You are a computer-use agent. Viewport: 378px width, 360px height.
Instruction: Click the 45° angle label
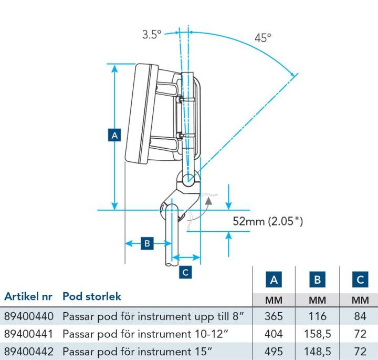263,38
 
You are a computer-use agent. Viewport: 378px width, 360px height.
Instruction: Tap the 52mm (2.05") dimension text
268,221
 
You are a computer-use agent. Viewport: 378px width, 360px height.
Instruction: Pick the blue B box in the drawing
148,243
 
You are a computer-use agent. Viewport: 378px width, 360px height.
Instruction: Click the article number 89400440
28,316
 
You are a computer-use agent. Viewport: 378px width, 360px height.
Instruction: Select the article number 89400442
28,351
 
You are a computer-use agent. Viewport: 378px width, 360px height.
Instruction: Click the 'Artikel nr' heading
28,296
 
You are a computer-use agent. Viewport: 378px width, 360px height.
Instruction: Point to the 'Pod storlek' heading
92,296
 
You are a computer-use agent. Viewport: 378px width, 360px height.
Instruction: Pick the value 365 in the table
274,316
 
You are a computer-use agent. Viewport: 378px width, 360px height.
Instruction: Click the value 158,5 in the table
317,334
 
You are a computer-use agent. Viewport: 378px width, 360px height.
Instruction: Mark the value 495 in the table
274,351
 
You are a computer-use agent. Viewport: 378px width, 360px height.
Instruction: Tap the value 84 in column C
360,316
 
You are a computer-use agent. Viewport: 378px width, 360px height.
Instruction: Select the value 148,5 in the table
317,351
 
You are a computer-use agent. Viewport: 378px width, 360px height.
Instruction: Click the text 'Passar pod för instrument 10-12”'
140,334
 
